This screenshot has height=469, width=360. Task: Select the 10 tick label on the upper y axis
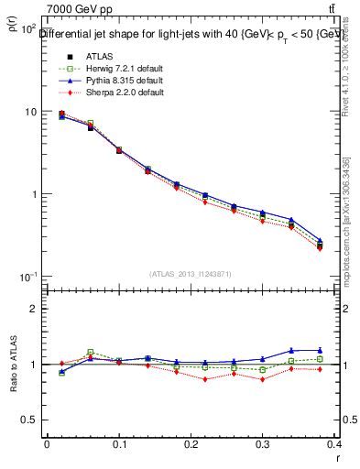[29, 112]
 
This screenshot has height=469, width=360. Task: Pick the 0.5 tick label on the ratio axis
[29, 420]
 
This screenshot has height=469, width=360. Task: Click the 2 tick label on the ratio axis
[34, 309]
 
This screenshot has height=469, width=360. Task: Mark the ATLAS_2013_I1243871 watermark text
[191, 274]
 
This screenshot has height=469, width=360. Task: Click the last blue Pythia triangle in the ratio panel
[346, 350]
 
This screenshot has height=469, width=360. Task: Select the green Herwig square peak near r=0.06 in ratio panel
[90, 352]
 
